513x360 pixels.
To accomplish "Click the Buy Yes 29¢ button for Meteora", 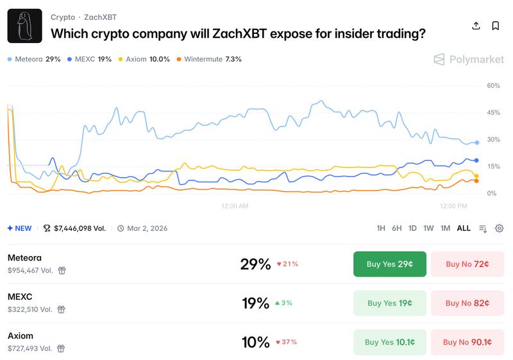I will tap(389, 264).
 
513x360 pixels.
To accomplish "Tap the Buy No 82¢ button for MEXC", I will tap(467, 303).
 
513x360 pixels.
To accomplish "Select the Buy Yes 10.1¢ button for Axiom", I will tap(389, 342).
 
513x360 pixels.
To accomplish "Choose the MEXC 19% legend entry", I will tap(89, 59).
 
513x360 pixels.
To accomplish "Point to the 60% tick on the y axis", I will tap(493, 85).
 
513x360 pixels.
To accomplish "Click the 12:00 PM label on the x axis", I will tap(453, 206).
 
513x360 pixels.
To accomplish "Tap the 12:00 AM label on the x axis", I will tap(234, 206).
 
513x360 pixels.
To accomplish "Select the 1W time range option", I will tap(428, 228).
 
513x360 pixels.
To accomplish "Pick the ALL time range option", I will tap(464, 228).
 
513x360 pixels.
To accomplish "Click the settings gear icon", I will tap(499, 228).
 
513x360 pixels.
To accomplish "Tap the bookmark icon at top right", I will tap(496, 26).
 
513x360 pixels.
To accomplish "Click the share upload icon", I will tap(476, 26).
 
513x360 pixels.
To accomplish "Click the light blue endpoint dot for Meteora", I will tap(476, 142).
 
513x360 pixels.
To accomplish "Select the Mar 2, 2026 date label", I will tap(147, 228).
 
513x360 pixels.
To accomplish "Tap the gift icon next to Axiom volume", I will tap(62, 348).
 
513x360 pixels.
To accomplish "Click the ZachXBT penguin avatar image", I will tap(24, 26).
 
